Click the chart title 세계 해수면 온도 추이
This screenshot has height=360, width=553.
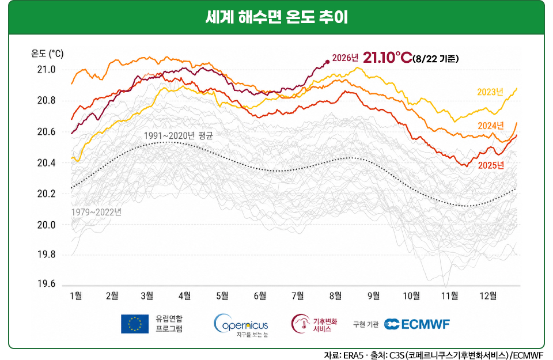click(276, 17)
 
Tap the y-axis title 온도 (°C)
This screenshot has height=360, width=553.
click(47, 54)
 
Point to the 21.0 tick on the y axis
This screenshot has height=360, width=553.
click(47, 70)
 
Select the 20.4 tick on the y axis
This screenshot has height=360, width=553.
click(47, 163)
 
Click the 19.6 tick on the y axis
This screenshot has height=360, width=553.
click(47, 284)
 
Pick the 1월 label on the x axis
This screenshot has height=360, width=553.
click(76, 295)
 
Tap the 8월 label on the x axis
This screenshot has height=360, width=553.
click(335, 295)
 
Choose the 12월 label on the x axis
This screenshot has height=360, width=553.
click(488, 295)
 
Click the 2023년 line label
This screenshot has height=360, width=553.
click(490, 92)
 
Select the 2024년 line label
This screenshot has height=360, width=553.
click(491, 126)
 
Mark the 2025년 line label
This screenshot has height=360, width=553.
click(491, 165)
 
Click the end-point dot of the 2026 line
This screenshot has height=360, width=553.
click(327, 62)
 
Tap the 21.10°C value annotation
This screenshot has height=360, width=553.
click(387, 58)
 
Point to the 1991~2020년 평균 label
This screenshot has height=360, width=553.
click(179, 135)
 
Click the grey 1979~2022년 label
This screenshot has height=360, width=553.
click(96, 212)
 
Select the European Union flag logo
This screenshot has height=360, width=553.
click(135, 324)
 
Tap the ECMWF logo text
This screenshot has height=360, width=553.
click(425, 324)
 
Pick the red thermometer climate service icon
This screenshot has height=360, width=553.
click(300, 323)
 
